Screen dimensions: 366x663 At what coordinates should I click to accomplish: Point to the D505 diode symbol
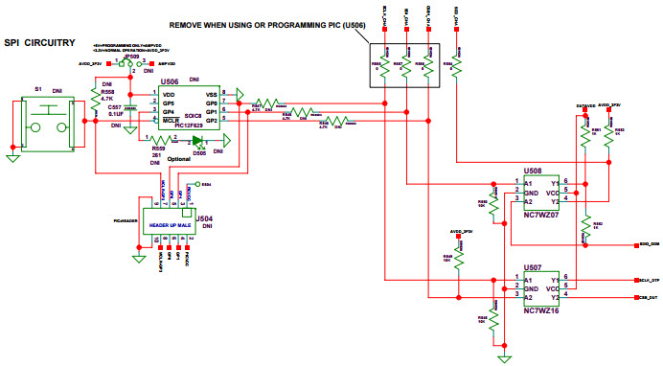click(198, 140)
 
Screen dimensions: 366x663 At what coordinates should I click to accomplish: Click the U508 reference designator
click(534, 169)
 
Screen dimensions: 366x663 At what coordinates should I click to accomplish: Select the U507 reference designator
click(534, 267)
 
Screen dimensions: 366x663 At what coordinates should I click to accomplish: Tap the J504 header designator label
click(204, 218)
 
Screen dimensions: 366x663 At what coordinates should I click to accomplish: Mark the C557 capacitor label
click(114, 107)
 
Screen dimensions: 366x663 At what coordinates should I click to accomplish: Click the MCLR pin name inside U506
click(170, 122)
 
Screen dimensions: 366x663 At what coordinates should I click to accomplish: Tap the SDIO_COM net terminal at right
click(646, 245)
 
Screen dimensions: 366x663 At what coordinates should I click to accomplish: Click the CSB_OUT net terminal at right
click(646, 298)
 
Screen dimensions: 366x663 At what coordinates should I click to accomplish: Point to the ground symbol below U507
click(501, 357)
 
